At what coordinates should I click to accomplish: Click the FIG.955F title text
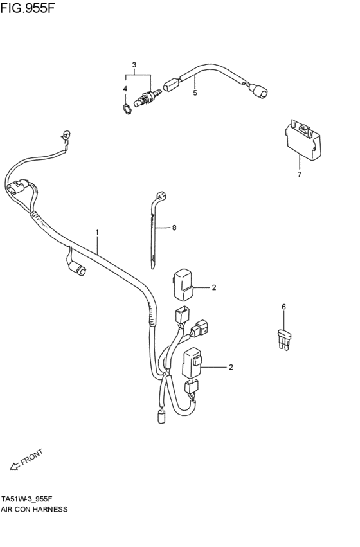point(28,8)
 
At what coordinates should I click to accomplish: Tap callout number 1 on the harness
point(97,232)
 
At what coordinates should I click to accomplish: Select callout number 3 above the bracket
point(134,64)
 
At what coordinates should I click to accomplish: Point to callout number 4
point(125,89)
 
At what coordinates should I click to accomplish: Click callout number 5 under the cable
point(195,93)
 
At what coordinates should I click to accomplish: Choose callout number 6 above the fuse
point(283,307)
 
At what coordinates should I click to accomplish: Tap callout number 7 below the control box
point(300,174)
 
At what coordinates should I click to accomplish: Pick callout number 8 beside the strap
point(174,228)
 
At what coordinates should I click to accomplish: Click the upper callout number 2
point(214,287)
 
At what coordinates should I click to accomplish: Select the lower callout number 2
point(231,367)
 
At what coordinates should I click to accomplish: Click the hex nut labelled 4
point(128,109)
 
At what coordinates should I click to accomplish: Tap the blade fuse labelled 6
point(284,340)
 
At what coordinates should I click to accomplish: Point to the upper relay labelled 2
point(183,284)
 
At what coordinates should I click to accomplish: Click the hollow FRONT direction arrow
point(15,466)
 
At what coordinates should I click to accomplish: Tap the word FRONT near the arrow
point(32,457)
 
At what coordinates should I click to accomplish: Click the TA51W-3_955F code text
point(27,498)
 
